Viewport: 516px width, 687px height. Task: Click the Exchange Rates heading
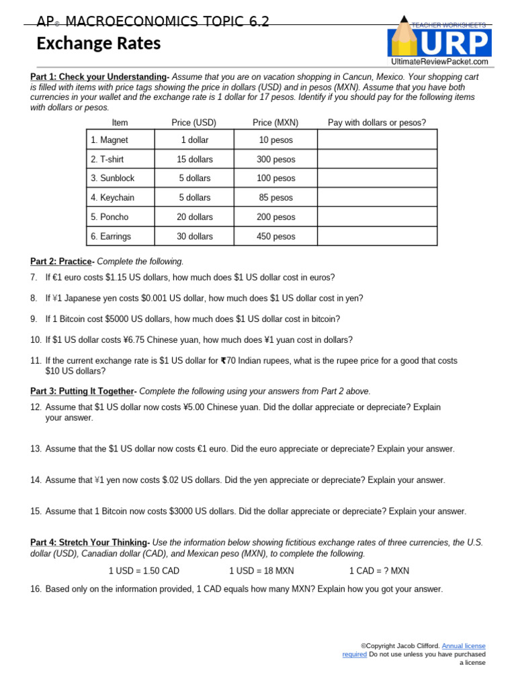click(98, 44)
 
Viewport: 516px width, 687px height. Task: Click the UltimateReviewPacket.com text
click(439, 62)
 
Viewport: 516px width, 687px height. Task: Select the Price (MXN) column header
click(275, 122)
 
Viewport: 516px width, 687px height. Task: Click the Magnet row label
click(110, 140)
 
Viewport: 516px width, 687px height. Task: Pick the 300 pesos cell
click(275, 160)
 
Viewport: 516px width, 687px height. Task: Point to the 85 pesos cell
click(275, 198)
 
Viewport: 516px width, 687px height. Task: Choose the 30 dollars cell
click(195, 237)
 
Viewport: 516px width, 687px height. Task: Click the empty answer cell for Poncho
click(377, 217)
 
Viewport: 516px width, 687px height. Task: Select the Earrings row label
click(112, 237)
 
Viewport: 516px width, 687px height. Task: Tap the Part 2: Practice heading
click(62, 261)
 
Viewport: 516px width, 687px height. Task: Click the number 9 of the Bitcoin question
click(34, 319)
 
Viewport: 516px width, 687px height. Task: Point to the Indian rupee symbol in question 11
click(223, 361)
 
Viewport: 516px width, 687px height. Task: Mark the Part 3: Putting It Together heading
click(83, 391)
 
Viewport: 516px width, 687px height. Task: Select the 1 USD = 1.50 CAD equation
click(144, 571)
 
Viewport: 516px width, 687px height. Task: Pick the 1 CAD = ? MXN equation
click(379, 571)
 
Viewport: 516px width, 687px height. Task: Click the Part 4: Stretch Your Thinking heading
click(90, 542)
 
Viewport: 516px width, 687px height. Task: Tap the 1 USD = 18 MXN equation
click(261, 571)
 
